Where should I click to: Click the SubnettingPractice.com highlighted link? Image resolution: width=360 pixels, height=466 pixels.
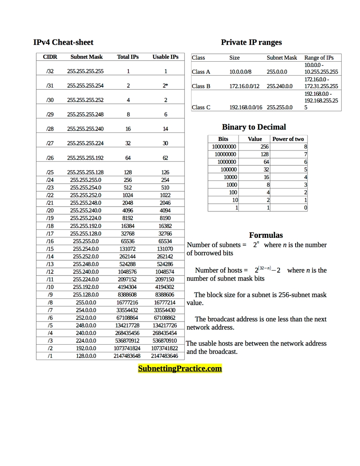180,368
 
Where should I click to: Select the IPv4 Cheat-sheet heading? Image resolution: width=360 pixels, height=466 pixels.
63,42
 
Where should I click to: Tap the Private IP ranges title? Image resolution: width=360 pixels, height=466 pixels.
251,42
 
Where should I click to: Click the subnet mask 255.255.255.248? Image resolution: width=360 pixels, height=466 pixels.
85,114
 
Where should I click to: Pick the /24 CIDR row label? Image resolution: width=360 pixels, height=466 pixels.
50,180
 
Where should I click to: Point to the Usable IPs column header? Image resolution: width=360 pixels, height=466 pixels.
165,57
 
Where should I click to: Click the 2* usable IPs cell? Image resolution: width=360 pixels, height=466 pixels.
165,86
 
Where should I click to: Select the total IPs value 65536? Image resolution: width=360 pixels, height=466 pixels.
128,241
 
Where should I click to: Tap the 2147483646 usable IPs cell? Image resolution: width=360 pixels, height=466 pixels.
164,356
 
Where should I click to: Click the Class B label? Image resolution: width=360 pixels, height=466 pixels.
201,86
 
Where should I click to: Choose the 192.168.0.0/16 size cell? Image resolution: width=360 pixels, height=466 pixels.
246,107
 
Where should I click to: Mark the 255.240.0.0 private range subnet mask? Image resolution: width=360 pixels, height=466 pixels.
280,86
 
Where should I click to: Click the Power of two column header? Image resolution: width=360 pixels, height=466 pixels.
288,139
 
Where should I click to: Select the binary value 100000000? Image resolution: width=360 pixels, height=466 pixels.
224,147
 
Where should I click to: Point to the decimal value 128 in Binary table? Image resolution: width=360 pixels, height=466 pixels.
264,155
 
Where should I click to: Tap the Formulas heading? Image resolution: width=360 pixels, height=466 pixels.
266,235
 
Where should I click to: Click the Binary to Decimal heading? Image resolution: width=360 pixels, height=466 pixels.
254,127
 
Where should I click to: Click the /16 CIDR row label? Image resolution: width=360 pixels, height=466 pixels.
50,241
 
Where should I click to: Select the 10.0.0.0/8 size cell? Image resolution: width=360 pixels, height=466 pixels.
240,72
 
